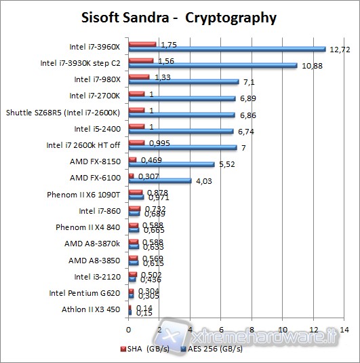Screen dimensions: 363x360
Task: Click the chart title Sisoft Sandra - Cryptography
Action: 180,17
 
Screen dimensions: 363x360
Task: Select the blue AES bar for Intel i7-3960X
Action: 227,49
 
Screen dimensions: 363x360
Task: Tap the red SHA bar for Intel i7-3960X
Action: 142,44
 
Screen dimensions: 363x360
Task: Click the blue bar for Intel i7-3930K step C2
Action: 213,65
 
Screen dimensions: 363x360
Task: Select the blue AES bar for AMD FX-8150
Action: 172,164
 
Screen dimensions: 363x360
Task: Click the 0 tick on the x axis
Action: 129,330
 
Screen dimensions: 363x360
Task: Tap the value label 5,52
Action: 226,164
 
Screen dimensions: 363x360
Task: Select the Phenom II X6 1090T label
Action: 83,195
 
